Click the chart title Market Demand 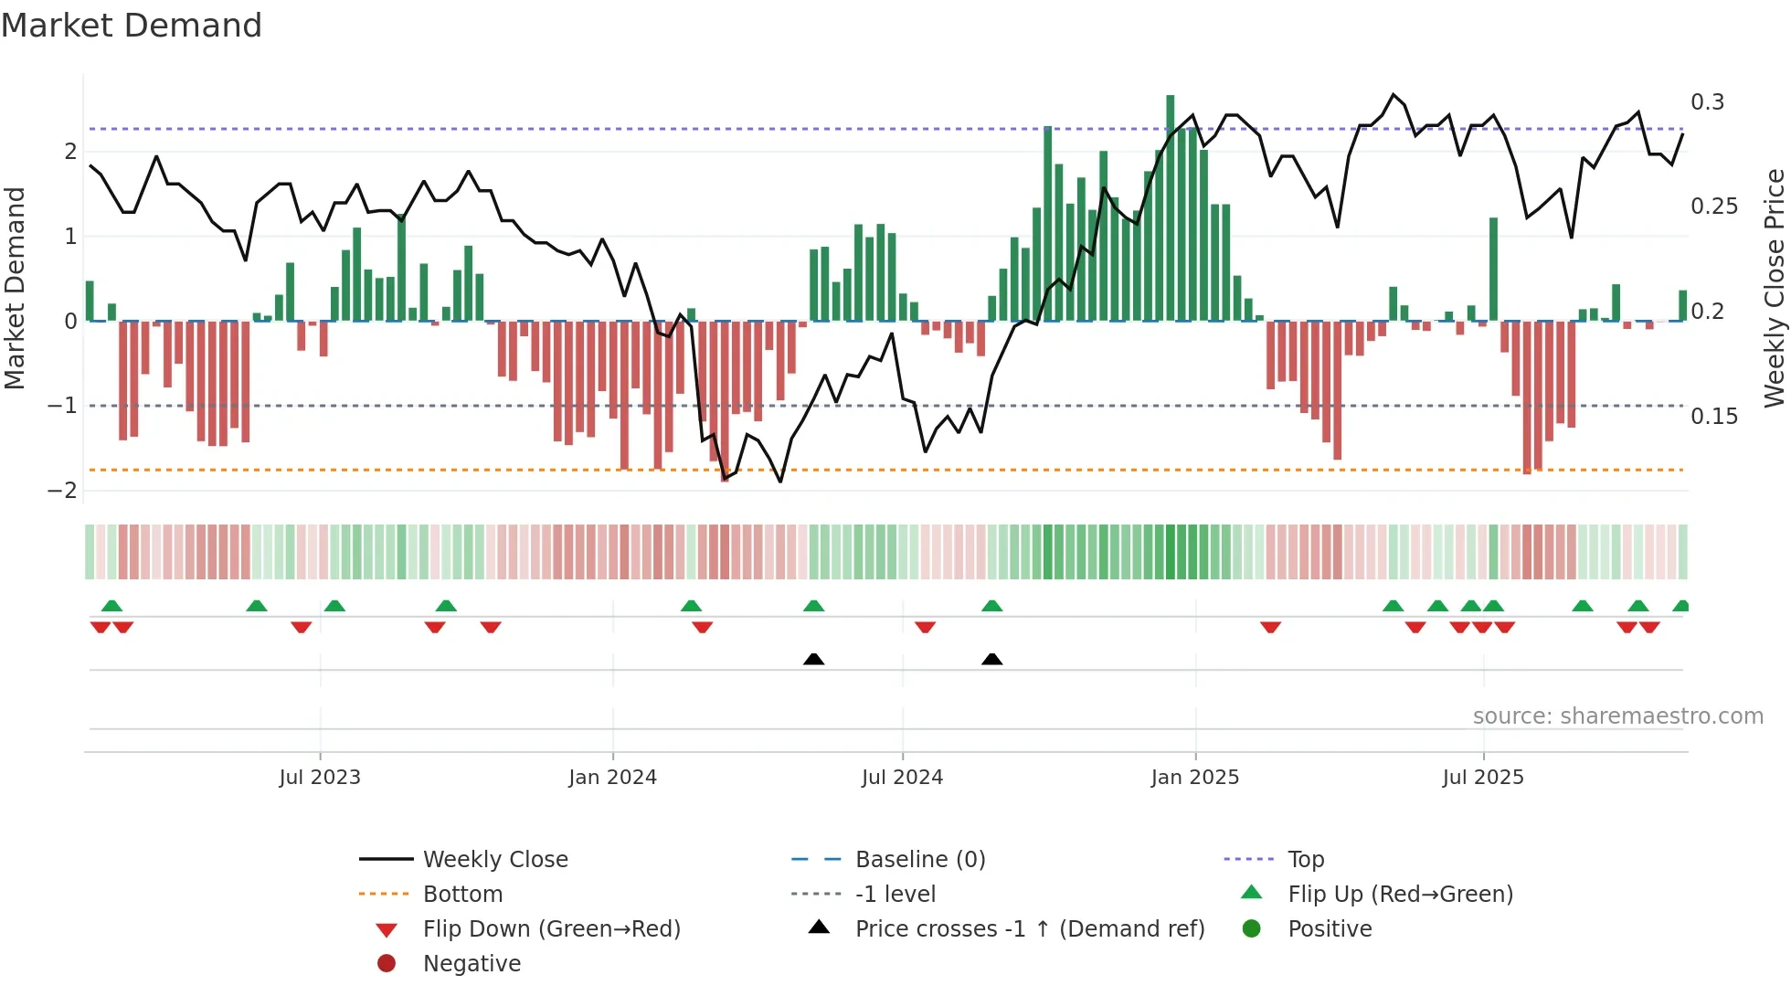[132, 26]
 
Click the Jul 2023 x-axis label [320, 778]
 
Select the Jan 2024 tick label [612, 778]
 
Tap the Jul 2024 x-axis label [902, 778]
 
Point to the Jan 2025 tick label [1194, 778]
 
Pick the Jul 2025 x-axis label [1483, 778]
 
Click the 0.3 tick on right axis [1707, 102]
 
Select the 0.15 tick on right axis [1713, 417]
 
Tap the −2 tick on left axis [62, 491]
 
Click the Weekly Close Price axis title [1774, 288]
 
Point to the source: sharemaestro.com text [1617, 716]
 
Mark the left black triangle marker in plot [813, 659]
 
